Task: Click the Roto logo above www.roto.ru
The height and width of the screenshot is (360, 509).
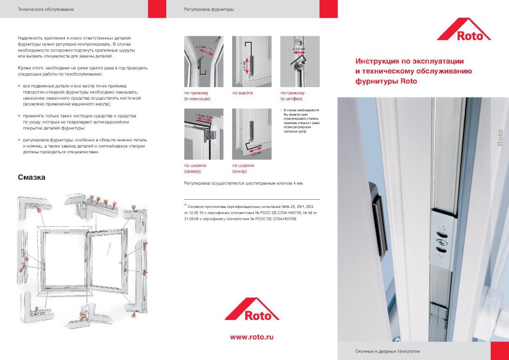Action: (x=252, y=309)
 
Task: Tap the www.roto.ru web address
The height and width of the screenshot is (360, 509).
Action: (x=252, y=337)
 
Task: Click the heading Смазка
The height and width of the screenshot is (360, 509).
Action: (x=31, y=178)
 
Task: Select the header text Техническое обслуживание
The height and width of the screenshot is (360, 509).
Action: (x=45, y=10)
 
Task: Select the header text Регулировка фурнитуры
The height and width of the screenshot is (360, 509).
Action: (x=209, y=10)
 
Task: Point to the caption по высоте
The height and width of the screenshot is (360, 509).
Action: (x=243, y=93)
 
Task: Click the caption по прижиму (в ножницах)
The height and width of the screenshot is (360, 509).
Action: (x=197, y=96)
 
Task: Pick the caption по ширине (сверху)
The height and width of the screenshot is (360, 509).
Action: (x=194, y=168)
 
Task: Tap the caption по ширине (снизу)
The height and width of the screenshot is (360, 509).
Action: (x=243, y=168)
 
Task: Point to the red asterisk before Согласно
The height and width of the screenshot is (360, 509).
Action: (x=185, y=205)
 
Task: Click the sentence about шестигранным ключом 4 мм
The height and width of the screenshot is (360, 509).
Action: (x=244, y=184)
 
